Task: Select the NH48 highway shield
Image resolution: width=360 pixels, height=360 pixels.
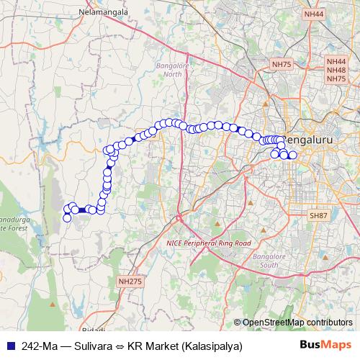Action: click(336, 71)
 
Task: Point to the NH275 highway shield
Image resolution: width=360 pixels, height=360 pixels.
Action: click(130, 282)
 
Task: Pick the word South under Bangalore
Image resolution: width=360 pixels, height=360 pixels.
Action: click(269, 265)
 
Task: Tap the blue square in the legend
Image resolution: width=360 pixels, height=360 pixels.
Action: click(10, 346)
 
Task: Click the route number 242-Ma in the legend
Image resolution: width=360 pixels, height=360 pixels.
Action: click(40, 346)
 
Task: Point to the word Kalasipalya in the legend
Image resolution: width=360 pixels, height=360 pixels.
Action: click(212, 346)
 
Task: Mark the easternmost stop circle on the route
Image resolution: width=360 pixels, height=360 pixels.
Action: click(292, 155)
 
